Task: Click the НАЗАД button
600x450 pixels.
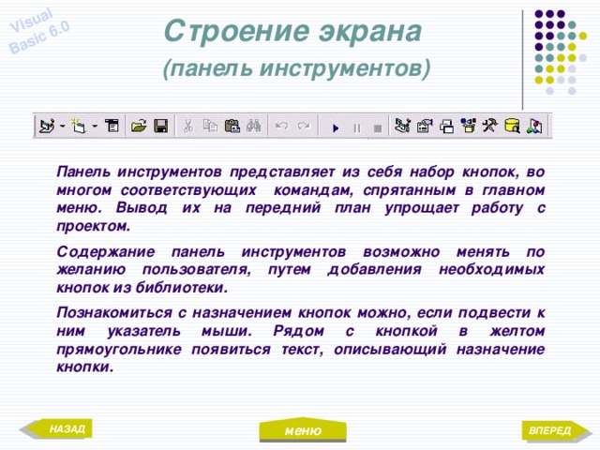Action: click(65, 429)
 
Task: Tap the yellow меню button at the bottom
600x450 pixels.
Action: click(304, 431)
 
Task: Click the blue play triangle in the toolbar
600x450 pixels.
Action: click(335, 126)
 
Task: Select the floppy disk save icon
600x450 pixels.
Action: click(161, 126)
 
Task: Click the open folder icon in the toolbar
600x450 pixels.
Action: click(140, 126)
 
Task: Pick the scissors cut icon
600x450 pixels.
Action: click(188, 126)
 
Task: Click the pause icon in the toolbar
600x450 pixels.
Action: click(356, 126)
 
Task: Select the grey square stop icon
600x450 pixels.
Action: click(377, 126)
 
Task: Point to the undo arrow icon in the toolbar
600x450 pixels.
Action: click(281, 126)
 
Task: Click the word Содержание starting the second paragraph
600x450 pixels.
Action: click(104, 253)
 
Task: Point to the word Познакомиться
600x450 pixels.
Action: click(116, 312)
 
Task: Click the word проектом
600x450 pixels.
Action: click(92, 227)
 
